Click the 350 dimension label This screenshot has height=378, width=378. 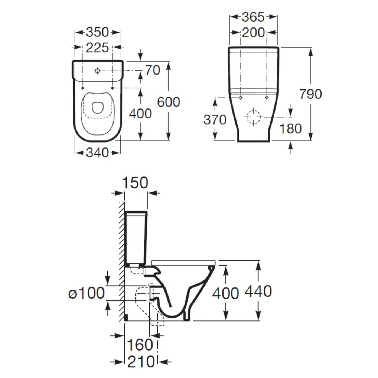click(97, 32)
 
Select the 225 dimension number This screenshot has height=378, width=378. click(97, 48)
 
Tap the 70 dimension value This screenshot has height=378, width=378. click(152, 70)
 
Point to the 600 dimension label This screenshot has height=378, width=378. click(169, 102)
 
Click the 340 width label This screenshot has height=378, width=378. click(97, 152)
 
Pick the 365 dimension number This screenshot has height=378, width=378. click(253, 17)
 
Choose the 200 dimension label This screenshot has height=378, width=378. click(253, 32)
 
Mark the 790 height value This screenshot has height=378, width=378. click(311, 94)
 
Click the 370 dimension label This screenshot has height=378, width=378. click(215, 120)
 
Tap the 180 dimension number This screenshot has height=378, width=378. click(290, 129)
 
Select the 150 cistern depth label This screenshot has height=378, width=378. click(135, 183)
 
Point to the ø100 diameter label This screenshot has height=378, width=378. click(87, 293)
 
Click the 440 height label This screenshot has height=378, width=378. click(258, 291)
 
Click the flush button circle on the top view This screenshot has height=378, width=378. click(97, 71)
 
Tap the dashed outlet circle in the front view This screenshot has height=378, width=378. click(254, 117)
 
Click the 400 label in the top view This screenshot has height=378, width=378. click(140, 113)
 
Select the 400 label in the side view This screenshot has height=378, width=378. click(226, 294)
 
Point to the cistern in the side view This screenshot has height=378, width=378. click(136, 238)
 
